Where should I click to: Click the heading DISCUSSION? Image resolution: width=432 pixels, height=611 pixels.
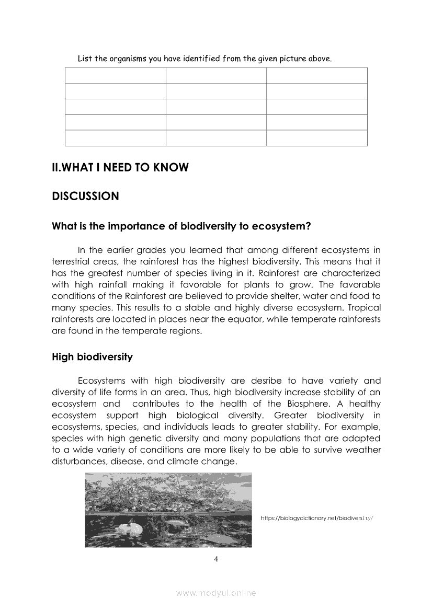coord(86,197)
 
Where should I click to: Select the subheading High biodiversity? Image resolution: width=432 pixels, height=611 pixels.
coord(92,357)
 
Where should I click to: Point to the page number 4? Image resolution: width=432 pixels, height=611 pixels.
coord(216,560)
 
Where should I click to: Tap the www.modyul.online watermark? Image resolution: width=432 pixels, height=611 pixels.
coord(216,593)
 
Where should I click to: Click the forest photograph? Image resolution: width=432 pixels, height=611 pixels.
coord(168,510)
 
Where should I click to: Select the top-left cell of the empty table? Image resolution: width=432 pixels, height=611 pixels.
coord(115,75)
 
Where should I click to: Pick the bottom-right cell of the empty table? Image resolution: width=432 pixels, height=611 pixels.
coord(317,138)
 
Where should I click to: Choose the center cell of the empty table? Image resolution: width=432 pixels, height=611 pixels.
coord(216,107)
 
